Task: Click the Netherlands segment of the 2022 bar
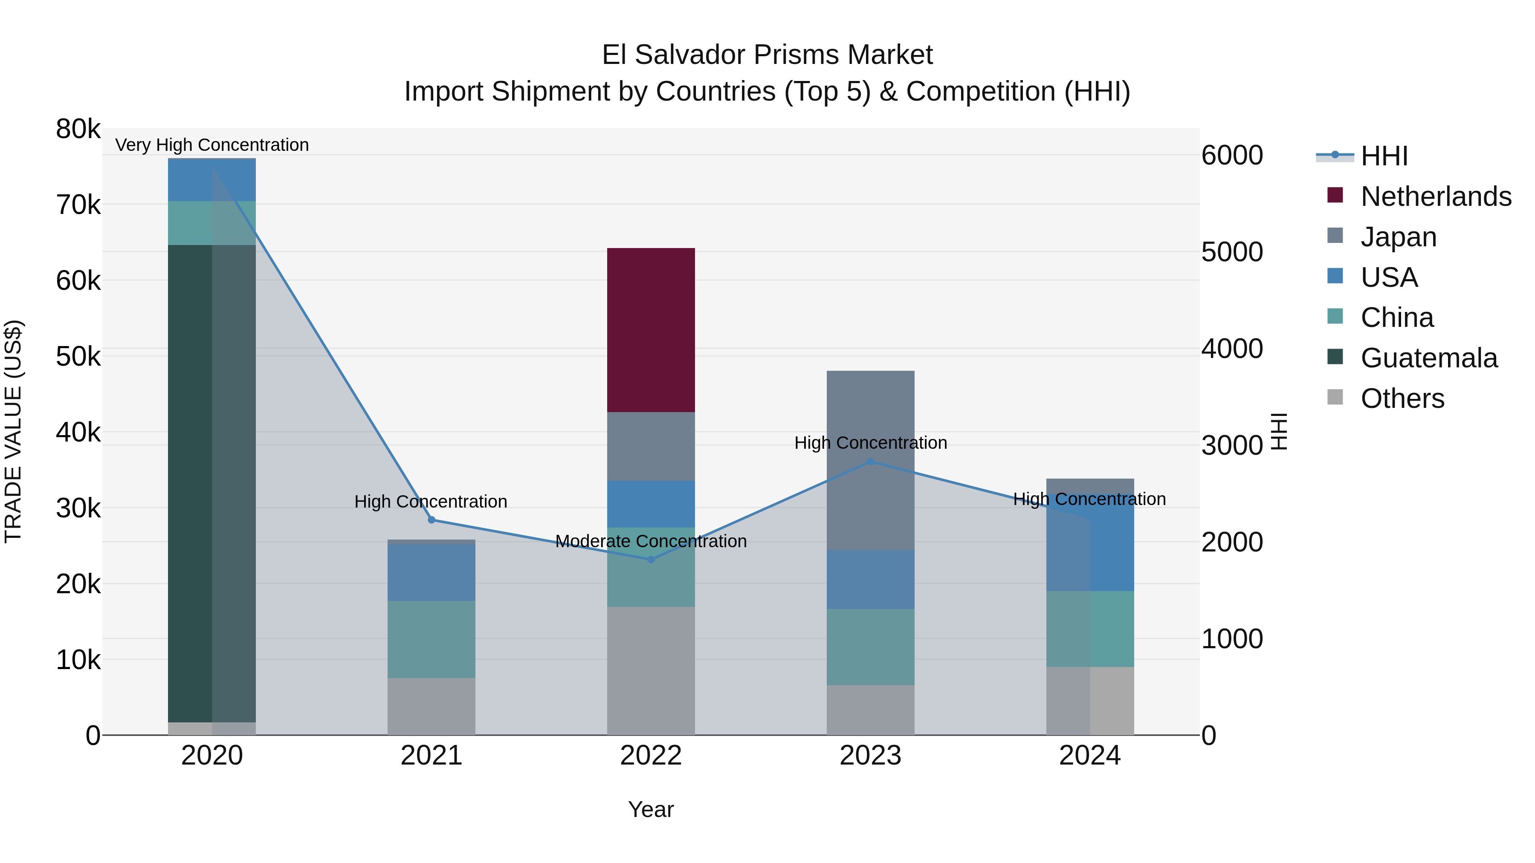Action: [651, 330]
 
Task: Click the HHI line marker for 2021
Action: [432, 520]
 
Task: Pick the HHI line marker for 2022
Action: [651, 559]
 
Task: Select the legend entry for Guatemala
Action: [1429, 358]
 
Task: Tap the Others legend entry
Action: [1402, 398]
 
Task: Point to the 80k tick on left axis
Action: [78, 129]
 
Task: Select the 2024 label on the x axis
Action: [1089, 756]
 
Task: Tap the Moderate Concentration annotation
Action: [651, 541]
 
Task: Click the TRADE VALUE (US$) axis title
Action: [14, 431]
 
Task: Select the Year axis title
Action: [651, 809]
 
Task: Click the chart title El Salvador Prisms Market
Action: [767, 55]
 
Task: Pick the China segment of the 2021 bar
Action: [432, 639]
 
